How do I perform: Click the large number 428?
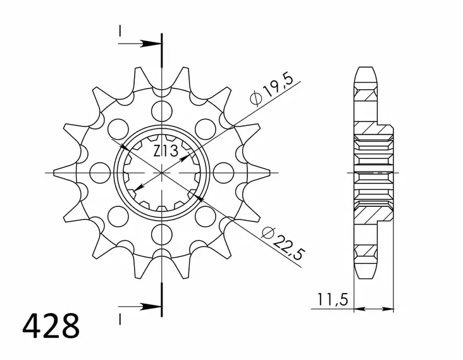[51, 326]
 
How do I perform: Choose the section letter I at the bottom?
[119, 314]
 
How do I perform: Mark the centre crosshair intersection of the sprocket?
[163, 172]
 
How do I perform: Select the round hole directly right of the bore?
[223, 171]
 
